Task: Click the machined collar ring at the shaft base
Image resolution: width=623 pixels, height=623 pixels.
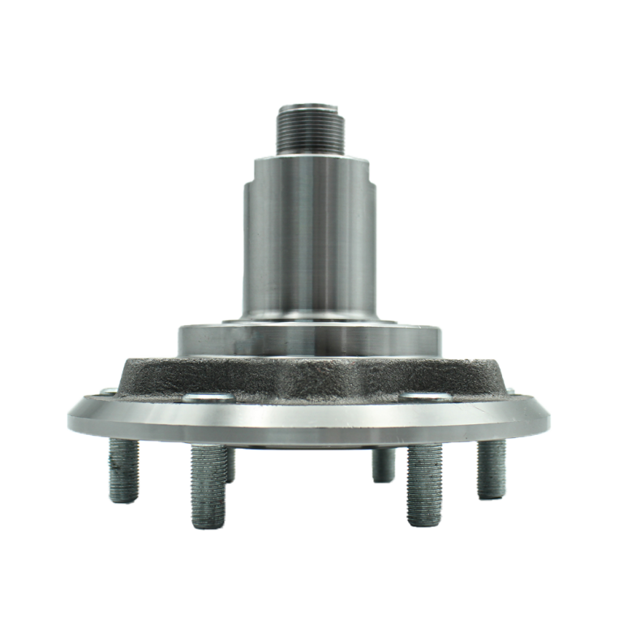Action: [x=311, y=337]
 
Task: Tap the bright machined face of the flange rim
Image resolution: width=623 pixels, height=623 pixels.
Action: [x=311, y=422]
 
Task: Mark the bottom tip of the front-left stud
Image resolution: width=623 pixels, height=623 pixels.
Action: [x=205, y=524]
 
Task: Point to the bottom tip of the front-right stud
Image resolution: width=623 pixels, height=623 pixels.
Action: [x=423, y=524]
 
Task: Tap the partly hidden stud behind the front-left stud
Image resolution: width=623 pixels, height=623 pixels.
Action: [x=230, y=462]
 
